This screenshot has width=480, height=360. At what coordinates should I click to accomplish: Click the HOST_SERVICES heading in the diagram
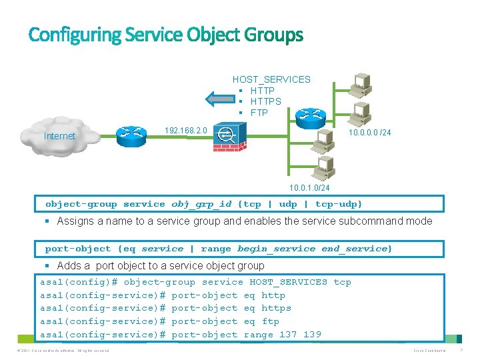(x=271, y=79)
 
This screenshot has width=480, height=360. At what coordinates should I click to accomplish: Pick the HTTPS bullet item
(x=265, y=101)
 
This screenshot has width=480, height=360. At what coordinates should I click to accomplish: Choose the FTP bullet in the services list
(x=259, y=113)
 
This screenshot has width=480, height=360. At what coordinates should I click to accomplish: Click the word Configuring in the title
(x=73, y=35)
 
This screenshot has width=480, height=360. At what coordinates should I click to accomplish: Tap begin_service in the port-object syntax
(x=276, y=249)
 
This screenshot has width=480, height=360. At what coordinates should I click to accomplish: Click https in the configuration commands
(x=276, y=308)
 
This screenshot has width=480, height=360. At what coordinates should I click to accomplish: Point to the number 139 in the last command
(x=311, y=335)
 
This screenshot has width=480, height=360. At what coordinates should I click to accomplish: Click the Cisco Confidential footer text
(x=431, y=351)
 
